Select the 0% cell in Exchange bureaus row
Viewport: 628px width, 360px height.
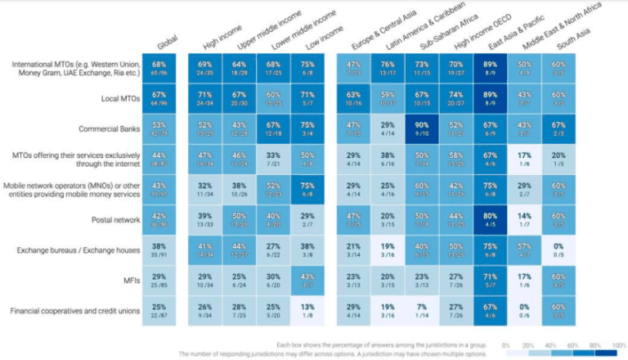click(x=559, y=249)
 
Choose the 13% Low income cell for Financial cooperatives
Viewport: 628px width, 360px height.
click(x=307, y=309)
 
